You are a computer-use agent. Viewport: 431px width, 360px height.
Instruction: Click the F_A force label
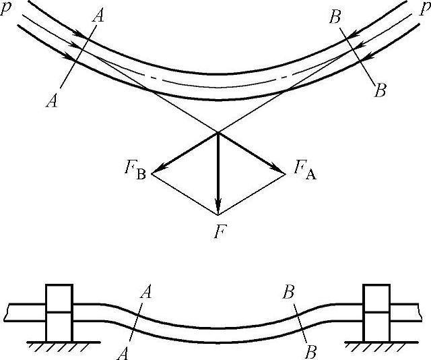(304, 168)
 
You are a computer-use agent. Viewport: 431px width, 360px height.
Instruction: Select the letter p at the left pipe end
(8, 13)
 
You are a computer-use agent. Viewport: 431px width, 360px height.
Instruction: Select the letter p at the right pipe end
(424, 13)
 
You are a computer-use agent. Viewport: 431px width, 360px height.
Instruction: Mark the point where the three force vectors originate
(218, 132)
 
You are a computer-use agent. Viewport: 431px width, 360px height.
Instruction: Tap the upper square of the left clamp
(58, 298)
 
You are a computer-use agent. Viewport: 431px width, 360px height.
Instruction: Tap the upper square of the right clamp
(376, 298)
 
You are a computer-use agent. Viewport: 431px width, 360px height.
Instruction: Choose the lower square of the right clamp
(376, 326)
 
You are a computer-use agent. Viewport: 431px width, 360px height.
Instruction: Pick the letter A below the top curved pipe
(51, 100)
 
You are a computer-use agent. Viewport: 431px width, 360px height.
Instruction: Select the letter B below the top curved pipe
(380, 90)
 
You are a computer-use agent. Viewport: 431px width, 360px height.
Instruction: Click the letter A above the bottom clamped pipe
(145, 292)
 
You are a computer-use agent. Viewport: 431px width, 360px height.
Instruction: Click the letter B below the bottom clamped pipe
(310, 351)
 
